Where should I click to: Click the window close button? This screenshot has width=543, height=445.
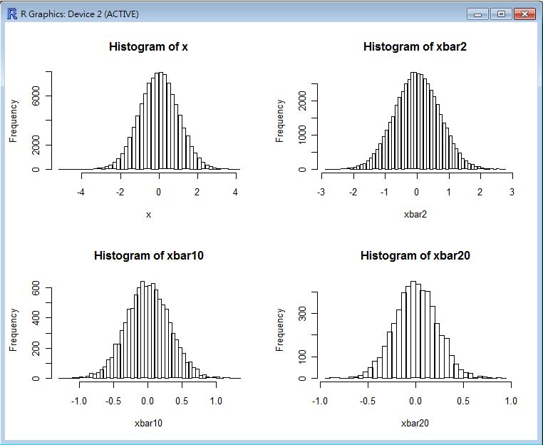point(524,14)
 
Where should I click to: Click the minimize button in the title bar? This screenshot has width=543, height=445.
point(477,14)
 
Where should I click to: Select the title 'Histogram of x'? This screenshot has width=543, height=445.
point(148,47)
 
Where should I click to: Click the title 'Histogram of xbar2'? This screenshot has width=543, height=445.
point(415,47)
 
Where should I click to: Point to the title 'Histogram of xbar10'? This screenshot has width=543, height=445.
point(148,256)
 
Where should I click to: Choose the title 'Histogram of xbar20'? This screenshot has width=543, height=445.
point(415,256)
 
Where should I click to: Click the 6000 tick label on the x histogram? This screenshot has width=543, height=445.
point(36,96)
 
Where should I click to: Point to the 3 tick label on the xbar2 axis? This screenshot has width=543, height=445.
point(512,193)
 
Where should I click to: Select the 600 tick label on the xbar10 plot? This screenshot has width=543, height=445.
point(36,288)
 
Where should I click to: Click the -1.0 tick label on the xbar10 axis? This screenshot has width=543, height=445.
point(78,401)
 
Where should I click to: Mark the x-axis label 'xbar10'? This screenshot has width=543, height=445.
point(148,424)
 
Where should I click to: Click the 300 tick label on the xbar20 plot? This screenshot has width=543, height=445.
point(302,313)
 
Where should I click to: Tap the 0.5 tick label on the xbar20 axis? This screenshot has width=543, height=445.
point(463,401)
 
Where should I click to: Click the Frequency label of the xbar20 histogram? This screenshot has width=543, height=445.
point(280,329)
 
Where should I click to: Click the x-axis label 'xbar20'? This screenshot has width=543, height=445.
point(415,424)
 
